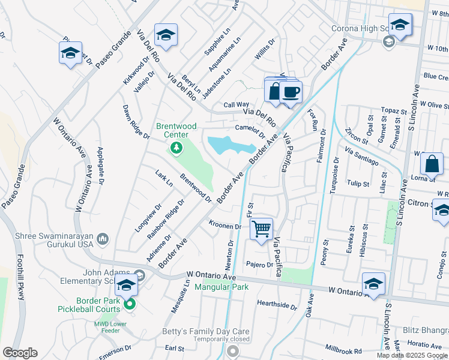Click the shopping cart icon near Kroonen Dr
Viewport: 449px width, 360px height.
[x=262, y=229]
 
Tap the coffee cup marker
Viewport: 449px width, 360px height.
[x=291, y=92]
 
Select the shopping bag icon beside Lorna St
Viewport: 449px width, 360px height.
[x=432, y=163]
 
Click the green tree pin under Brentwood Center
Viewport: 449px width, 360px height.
[x=176, y=147]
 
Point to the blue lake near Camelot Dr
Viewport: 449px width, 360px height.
[x=228, y=145]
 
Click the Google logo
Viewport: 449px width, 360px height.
[x=20, y=353]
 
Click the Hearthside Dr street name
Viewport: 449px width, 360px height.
[x=277, y=305]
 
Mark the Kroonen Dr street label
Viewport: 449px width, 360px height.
[x=224, y=226]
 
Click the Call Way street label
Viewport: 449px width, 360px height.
[x=236, y=104]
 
